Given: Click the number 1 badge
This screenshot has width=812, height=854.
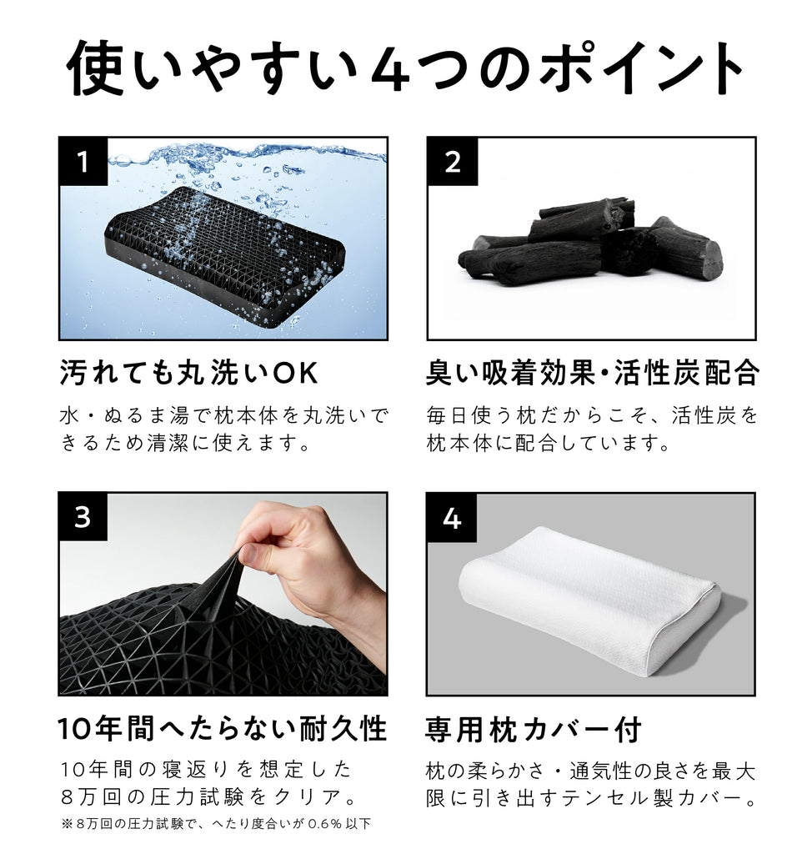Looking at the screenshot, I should coord(83,162).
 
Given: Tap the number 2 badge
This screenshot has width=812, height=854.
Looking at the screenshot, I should coord(452,162).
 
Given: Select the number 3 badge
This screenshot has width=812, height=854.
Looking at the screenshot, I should coord(83,517).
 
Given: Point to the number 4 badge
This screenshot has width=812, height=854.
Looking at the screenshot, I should coord(452,518).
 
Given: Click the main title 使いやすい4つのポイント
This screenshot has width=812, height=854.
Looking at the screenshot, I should coord(405,67).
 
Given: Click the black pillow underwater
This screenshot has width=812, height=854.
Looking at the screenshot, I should coord(225,250).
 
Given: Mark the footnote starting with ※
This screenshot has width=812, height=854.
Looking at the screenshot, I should coord(215,824).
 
